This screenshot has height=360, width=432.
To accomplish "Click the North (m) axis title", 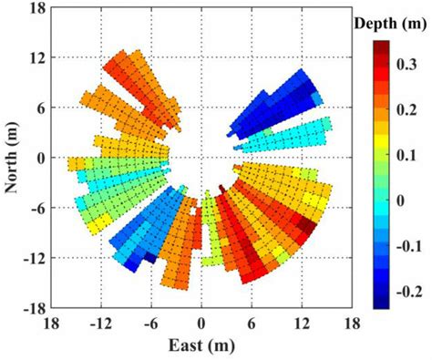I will [12, 159].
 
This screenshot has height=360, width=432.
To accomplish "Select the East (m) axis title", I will [201, 346].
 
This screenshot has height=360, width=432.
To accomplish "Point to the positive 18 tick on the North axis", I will [39, 7].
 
